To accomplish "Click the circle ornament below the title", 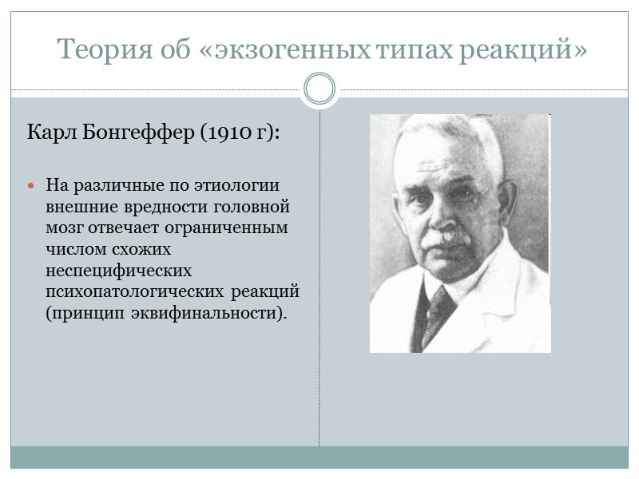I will [x=319, y=89].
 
